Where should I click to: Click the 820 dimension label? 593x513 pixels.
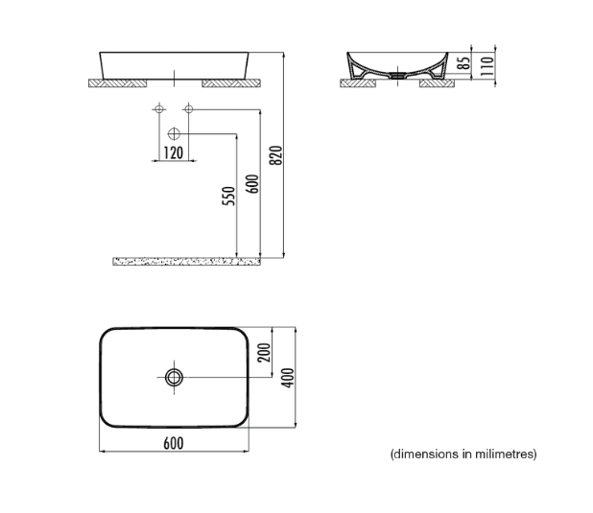[277, 155]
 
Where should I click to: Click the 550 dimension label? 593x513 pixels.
[228, 196]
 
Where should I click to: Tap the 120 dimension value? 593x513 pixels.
[174, 153]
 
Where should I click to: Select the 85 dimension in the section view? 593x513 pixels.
[464, 62]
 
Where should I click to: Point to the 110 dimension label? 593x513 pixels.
[487, 66]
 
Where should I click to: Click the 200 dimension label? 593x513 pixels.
[264, 352]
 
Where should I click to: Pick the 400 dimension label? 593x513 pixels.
[288, 378]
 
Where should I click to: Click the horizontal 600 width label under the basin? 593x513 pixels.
[174, 443]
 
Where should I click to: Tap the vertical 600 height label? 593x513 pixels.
[252, 184]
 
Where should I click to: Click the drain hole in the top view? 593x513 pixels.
[174, 377]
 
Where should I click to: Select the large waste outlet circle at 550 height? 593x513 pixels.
[174, 134]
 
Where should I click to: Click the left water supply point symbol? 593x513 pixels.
[159, 109]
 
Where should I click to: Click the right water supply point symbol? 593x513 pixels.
[188, 109]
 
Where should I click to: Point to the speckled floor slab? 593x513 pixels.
[186, 261]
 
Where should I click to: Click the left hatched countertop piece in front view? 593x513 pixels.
[115, 83]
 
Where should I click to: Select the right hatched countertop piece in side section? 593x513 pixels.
[437, 83]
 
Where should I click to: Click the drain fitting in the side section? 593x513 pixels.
[397, 75]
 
